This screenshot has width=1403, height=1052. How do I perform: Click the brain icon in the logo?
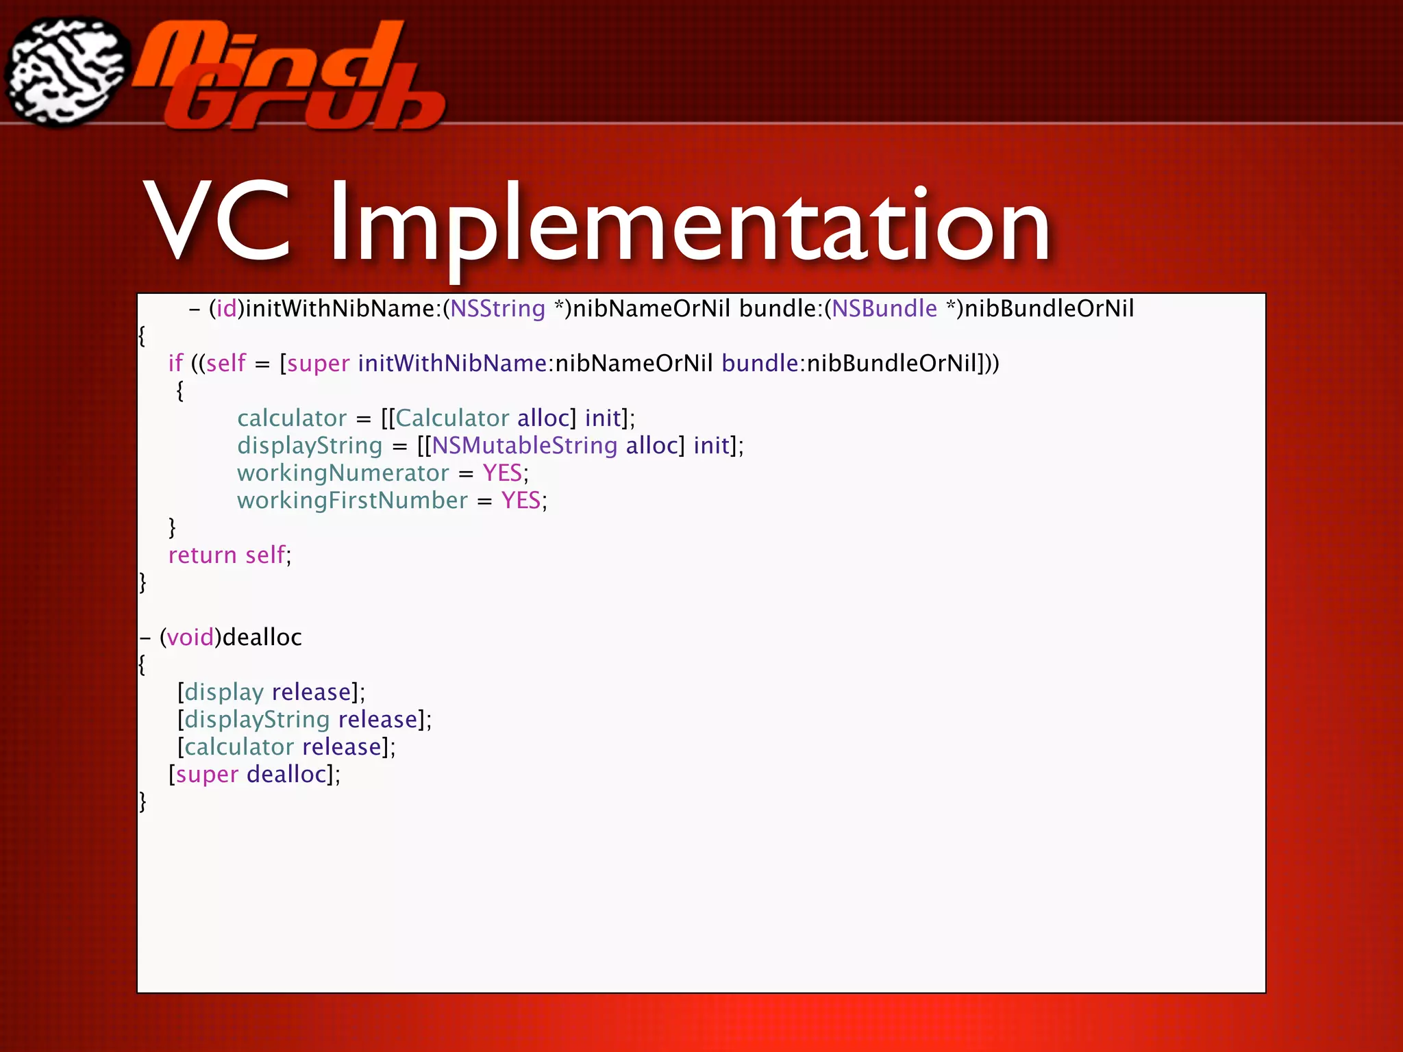pos(67,72)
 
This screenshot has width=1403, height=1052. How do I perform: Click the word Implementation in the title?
pos(689,223)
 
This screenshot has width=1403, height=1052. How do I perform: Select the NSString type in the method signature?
pos(497,309)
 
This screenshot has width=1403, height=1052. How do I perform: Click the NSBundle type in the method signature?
pos(884,309)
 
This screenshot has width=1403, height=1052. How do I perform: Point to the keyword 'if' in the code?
pos(175,363)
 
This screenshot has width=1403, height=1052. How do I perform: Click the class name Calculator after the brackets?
pos(452,418)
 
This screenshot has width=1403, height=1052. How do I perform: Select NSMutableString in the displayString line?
pos(524,445)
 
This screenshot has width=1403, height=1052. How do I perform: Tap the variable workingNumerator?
pos(343,473)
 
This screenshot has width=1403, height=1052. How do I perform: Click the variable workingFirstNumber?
pos(352,500)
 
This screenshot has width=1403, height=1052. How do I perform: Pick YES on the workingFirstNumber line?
pos(521,500)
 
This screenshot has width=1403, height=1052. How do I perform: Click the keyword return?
pos(202,555)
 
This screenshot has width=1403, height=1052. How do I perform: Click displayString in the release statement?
pos(257,719)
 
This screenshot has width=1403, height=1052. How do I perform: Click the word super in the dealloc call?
pos(207,774)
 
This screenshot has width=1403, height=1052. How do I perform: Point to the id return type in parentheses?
pos(226,309)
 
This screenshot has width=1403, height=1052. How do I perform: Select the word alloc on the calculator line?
pos(543,418)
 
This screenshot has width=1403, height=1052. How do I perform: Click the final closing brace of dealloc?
pos(142,801)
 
